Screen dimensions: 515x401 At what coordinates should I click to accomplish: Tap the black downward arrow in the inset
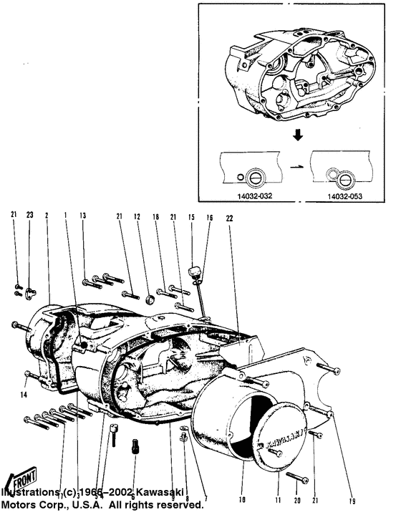pyautogui.click(x=294, y=135)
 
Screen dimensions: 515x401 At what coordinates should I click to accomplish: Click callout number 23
pyautogui.click(x=29, y=214)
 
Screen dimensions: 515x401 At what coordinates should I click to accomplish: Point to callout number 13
pyautogui.click(x=83, y=215)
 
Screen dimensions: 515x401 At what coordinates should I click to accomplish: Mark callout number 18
pyautogui.click(x=155, y=216)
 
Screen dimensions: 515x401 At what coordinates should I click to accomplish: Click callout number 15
pyautogui.click(x=191, y=216)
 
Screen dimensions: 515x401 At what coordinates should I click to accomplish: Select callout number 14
pyautogui.click(x=24, y=395)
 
